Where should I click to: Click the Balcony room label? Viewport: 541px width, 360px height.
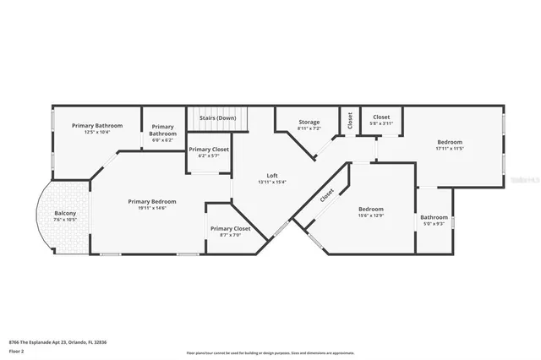tap(65, 213)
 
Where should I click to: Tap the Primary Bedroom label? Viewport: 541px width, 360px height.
tap(152, 201)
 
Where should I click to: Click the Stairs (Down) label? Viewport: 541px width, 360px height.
tap(217, 118)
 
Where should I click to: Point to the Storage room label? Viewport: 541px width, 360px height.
tap(309, 123)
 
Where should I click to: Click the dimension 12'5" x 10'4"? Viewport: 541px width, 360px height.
tap(97, 133)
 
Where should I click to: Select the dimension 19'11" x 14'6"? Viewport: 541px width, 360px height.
tap(152, 209)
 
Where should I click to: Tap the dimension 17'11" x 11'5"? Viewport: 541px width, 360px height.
tap(450, 149)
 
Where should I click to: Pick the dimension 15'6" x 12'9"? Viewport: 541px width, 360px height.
tap(370, 215)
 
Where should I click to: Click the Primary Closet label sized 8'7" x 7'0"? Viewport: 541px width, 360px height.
tap(230, 228)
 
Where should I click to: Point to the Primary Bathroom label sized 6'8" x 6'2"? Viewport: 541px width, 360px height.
tap(162, 130)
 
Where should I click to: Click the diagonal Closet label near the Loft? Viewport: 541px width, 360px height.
tap(326, 194)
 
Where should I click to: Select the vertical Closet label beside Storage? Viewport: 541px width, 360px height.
tap(348, 121)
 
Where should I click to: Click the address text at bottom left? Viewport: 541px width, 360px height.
tap(58, 341)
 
